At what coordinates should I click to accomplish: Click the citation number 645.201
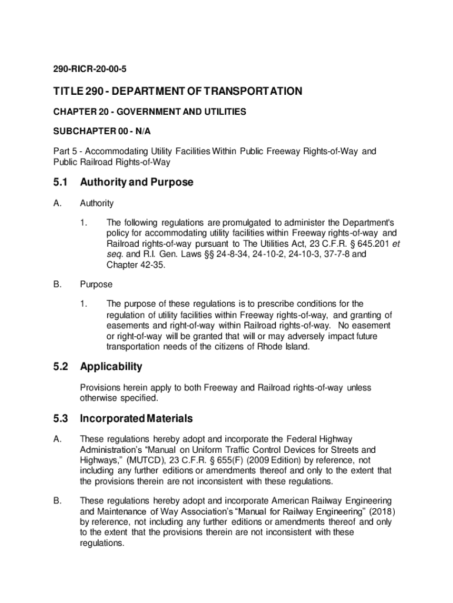coord(373,243)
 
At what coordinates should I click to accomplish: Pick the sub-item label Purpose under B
coord(96,284)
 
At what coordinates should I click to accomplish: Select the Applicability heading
coord(111,367)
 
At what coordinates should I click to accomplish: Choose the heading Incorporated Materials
coord(136,419)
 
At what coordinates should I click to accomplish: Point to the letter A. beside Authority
coord(57,203)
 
